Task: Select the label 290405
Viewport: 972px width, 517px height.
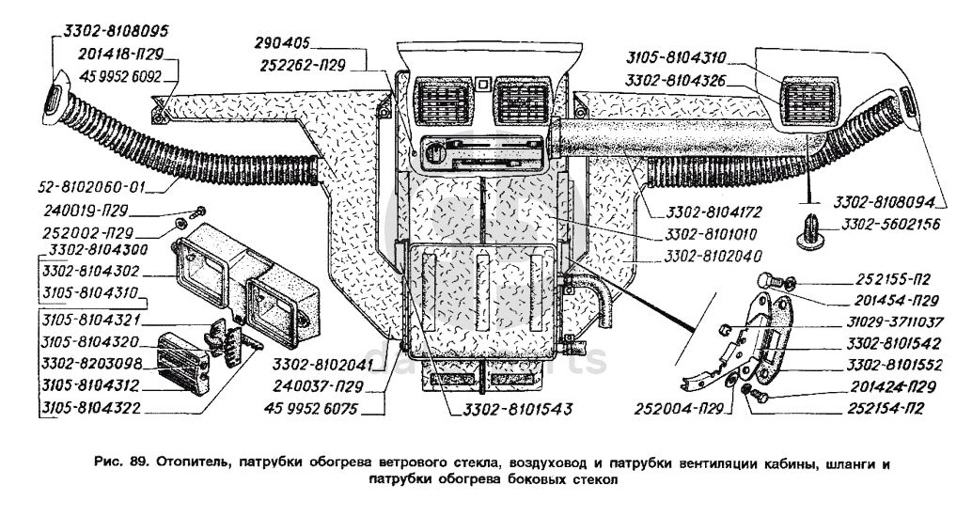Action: pos(283,43)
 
